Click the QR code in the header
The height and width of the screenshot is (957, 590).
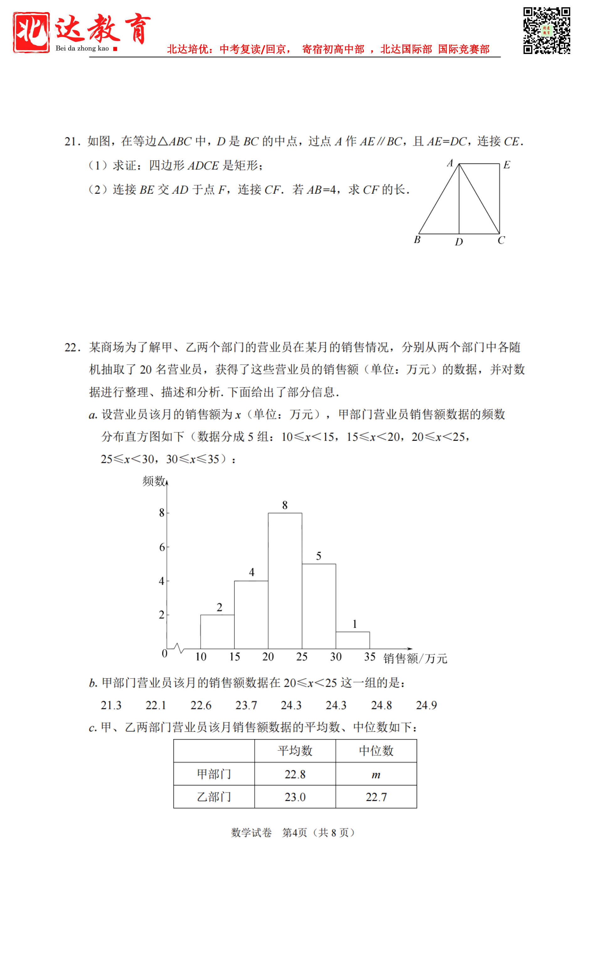point(546,30)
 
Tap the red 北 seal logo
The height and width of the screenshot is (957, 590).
point(31,32)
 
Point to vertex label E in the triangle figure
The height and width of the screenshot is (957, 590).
point(507,165)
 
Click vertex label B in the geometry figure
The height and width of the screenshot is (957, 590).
point(417,240)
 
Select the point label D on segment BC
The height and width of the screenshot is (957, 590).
point(459,242)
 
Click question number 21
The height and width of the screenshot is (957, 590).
point(72,141)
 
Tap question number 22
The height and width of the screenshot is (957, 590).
point(72,347)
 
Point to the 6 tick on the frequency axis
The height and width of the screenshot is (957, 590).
point(162,547)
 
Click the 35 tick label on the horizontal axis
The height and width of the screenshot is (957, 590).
point(369,657)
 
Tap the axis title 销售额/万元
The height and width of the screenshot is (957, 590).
point(415,659)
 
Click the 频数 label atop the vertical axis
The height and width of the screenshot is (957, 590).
point(154,481)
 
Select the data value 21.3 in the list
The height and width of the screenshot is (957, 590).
point(111,705)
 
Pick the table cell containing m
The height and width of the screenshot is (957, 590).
point(376,775)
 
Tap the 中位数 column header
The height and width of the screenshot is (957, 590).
point(376,751)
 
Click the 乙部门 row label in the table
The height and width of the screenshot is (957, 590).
point(214,797)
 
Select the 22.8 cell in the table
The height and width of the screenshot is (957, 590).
point(295,774)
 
